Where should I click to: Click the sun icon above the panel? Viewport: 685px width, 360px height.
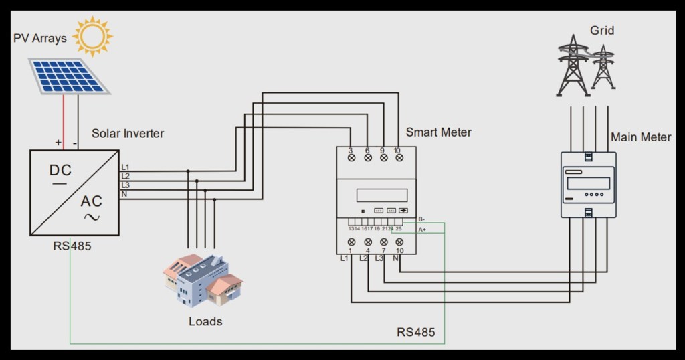point(93,36)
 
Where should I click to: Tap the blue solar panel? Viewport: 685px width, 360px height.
point(69,76)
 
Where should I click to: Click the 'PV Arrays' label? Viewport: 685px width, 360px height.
point(40,38)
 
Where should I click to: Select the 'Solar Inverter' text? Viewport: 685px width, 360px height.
point(128,133)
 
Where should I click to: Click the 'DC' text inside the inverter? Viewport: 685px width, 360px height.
point(60,170)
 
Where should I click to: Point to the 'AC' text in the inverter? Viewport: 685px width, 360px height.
point(92,201)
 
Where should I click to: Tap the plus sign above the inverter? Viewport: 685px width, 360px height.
point(58,143)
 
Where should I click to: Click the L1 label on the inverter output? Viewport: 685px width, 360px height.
point(125,166)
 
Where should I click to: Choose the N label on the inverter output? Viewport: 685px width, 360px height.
point(124,194)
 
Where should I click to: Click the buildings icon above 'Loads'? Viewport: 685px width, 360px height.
point(203,280)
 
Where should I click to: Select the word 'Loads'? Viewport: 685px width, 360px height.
point(205,321)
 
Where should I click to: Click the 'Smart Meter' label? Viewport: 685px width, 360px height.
point(438,132)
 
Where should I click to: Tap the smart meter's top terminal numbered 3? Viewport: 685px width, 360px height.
point(352,158)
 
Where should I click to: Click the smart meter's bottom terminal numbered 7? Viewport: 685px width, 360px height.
point(383,242)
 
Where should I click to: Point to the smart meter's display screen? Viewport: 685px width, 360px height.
point(382,195)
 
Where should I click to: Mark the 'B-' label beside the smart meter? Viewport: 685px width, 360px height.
point(421,219)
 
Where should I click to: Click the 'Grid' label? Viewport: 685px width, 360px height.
point(601,31)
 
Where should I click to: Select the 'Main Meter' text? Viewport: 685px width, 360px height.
point(640,137)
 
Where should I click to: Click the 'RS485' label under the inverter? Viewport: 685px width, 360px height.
point(72,246)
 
